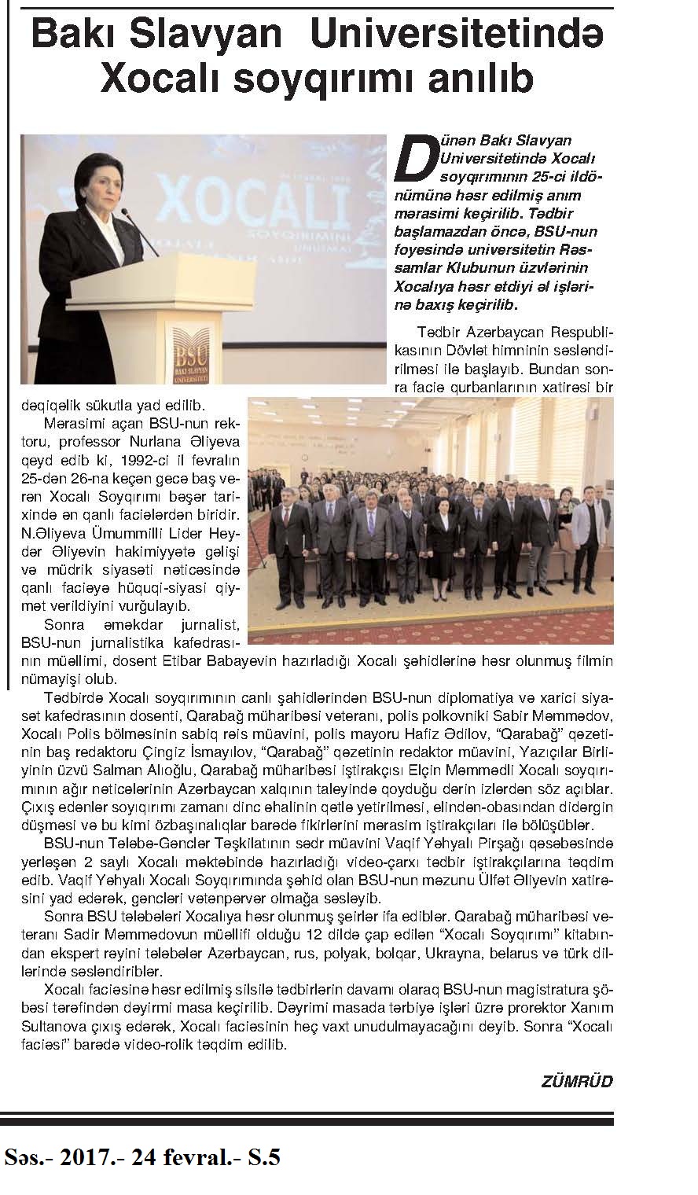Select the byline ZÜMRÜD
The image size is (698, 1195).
(577, 1081)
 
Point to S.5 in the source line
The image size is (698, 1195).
(262, 1157)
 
